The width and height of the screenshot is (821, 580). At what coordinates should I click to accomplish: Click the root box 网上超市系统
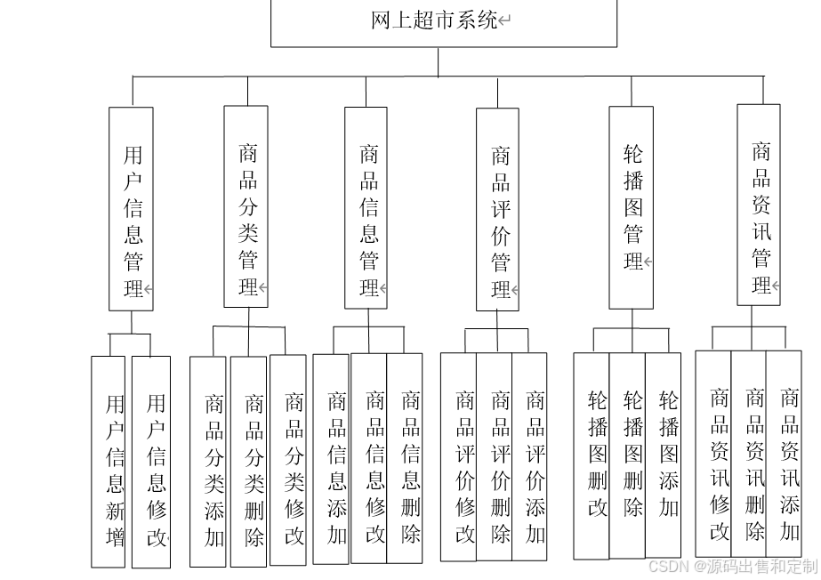point(443,21)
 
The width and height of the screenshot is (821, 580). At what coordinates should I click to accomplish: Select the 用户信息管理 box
point(132,209)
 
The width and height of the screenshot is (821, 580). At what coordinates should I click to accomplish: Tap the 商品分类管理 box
point(246,206)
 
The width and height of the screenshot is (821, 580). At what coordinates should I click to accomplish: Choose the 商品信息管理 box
point(366,208)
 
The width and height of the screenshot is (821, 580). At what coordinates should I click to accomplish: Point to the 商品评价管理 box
point(498,210)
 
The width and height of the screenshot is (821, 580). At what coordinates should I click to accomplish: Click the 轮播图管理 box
point(632,207)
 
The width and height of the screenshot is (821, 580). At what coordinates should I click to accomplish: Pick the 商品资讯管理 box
point(759,205)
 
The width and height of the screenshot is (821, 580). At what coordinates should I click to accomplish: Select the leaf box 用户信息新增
point(109,462)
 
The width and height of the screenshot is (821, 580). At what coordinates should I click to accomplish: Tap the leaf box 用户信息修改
point(151,462)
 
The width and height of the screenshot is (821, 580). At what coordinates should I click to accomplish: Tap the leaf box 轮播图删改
point(592,455)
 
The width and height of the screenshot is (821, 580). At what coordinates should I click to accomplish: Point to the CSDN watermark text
point(732,567)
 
